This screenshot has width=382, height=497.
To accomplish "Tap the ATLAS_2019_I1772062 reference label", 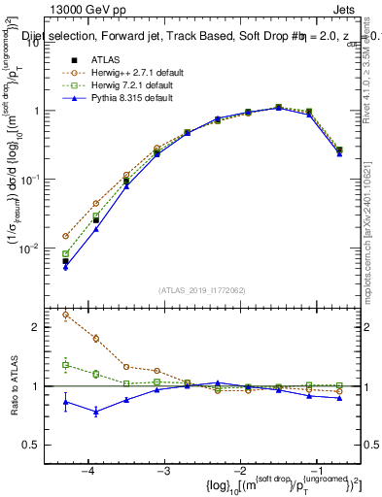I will [202, 289].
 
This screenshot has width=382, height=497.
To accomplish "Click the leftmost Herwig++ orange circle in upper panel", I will [65, 236].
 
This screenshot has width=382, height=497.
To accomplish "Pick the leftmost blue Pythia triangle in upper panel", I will [65, 266].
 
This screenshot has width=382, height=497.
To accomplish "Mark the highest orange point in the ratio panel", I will [65, 315].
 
